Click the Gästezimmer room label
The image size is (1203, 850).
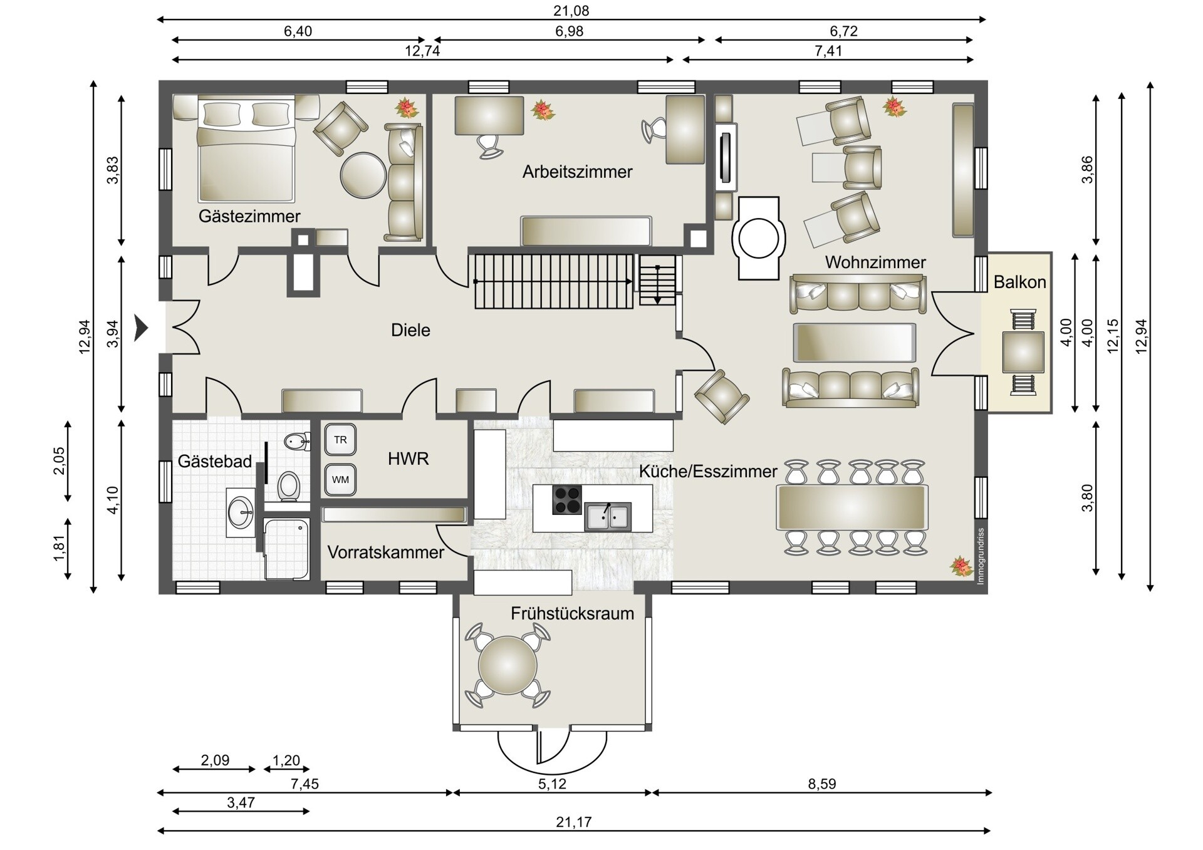coord(249,216)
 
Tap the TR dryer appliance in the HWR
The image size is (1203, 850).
coord(340,440)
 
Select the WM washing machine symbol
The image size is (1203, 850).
coord(340,480)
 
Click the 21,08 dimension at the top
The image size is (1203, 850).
coord(571,11)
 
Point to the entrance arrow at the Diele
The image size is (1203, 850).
coord(141,328)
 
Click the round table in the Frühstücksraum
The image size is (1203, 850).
coord(508,665)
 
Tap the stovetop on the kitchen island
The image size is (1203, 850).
coord(566,500)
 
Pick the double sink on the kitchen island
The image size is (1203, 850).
coord(607,517)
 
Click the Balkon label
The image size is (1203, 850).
coord(1019,282)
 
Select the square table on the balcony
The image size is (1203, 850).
coord(1023,353)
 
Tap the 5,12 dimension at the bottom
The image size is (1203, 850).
coord(551,784)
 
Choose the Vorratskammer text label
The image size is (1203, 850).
coord(385,552)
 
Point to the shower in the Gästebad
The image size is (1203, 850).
coord(286,549)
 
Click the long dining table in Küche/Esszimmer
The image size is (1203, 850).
coord(851,507)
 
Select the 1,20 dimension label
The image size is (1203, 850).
coord(286,760)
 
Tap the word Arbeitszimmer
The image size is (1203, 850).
coord(577,172)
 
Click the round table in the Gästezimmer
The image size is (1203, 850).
coord(363,175)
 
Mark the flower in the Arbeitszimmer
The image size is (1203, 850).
coord(543,110)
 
